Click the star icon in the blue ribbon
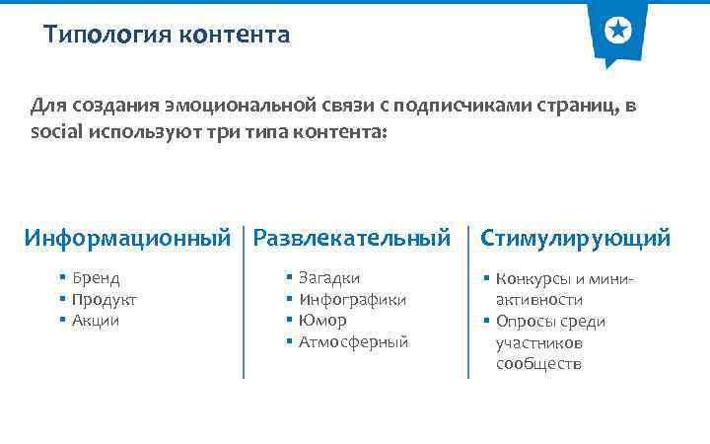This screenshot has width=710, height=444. pos(617,32)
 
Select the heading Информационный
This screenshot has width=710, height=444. pos(127,238)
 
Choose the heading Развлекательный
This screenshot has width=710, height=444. pos(352,238)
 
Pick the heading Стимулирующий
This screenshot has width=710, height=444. pos(575,238)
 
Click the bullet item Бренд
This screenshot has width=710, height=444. pos(96,278)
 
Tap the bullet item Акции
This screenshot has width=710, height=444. pos(96,321)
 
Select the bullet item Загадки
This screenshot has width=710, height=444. pos(329,278)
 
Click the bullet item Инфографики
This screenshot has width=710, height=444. pos(352,299)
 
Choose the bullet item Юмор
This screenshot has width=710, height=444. pos(322,321)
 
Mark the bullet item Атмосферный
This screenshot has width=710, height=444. pos(353,342)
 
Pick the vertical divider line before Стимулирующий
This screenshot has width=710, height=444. pos(468,302)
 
